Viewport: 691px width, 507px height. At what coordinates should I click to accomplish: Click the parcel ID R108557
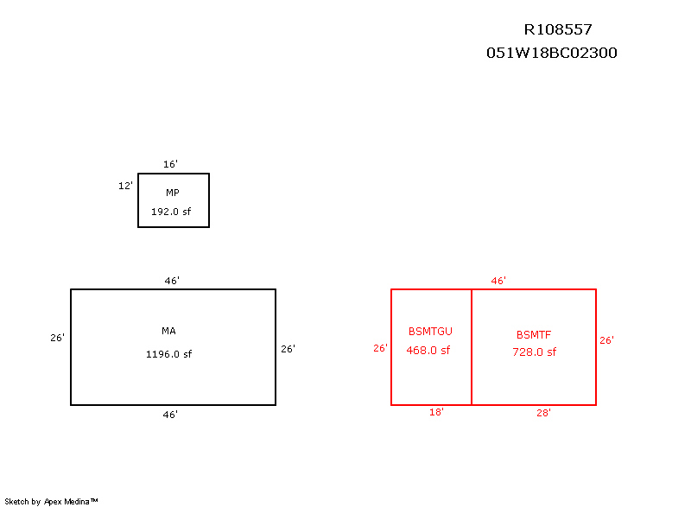click(x=557, y=29)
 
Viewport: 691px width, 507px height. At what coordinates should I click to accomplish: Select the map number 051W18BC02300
click(x=552, y=53)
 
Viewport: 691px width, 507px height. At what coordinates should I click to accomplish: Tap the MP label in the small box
click(x=173, y=193)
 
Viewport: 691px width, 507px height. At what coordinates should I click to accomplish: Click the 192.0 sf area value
click(x=170, y=211)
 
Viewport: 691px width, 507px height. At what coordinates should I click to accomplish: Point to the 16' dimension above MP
click(x=170, y=164)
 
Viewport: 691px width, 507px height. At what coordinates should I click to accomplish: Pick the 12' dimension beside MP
click(x=125, y=186)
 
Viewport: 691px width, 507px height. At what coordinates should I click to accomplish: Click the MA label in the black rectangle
click(x=168, y=331)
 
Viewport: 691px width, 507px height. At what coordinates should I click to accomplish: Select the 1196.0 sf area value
click(x=168, y=353)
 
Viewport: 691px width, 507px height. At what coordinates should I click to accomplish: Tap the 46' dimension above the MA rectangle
click(x=172, y=281)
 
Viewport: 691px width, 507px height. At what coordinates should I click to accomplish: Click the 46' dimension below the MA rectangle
click(x=170, y=415)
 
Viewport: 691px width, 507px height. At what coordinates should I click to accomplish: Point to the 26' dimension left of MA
click(x=57, y=338)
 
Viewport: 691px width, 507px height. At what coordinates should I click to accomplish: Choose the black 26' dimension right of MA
click(x=288, y=349)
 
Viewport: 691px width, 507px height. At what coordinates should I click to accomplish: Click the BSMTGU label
click(x=430, y=331)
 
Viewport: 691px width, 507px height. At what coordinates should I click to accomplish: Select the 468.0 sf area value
click(x=428, y=350)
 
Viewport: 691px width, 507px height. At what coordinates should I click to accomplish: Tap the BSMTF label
click(x=534, y=334)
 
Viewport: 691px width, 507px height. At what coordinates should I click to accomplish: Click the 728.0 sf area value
click(x=534, y=352)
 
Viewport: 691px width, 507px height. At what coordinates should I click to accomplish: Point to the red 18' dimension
click(x=436, y=413)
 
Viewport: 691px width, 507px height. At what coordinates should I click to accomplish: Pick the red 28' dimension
click(x=543, y=413)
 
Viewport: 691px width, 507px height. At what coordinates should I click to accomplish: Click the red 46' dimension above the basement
click(x=498, y=281)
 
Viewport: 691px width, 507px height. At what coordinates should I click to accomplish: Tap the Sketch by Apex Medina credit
click(x=51, y=501)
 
